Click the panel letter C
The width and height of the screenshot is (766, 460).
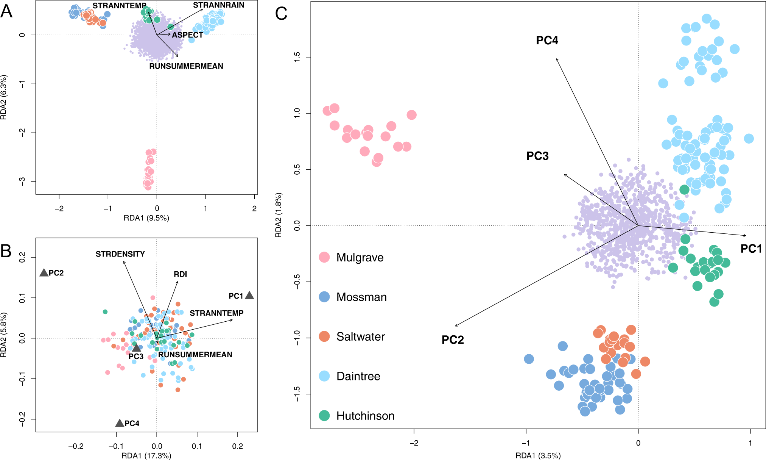click(x=281, y=14)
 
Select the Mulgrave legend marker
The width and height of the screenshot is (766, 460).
click(x=324, y=257)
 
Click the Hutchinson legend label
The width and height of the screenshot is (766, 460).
click(x=365, y=416)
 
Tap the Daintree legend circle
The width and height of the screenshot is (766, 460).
click(x=324, y=376)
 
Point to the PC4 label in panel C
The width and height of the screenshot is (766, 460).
click(x=547, y=41)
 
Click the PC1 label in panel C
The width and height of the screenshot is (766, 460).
click(x=751, y=249)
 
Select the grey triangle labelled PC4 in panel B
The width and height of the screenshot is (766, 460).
click(x=120, y=423)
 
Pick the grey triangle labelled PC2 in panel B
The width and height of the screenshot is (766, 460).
click(x=44, y=272)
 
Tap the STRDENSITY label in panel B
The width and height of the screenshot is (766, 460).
click(x=120, y=254)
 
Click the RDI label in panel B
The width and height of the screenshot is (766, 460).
click(x=180, y=274)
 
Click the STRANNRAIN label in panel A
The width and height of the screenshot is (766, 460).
click(x=218, y=5)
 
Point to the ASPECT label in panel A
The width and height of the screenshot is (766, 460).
click(x=187, y=35)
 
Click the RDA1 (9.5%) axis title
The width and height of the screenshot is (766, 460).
click(x=146, y=218)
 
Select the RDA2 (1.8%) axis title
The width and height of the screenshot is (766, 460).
click(x=279, y=215)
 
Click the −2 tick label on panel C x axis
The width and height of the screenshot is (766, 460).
click(x=414, y=443)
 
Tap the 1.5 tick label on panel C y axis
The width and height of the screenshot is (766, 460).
click(x=297, y=57)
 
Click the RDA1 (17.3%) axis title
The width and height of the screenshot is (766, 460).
click(x=146, y=455)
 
